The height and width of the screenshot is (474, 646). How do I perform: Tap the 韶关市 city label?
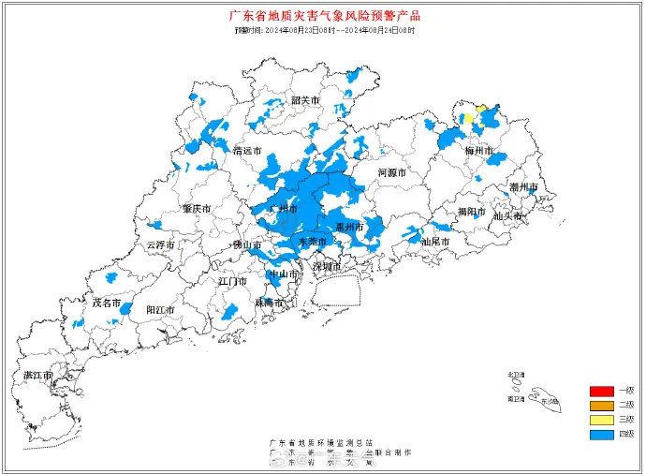(304, 100)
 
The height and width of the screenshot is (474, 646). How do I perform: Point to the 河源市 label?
(391, 173)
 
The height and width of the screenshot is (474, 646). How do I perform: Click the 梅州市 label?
(479, 150)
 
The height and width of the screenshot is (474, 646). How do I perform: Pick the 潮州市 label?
(524, 187)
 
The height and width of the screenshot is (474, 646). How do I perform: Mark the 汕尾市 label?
(435, 242)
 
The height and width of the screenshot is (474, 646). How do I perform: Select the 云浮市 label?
(160, 244)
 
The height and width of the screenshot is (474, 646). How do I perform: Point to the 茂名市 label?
(106, 303)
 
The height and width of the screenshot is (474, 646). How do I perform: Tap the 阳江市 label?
(161, 309)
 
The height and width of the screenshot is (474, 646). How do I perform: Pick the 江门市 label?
(231, 281)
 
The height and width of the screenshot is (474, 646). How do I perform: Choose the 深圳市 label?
(328, 266)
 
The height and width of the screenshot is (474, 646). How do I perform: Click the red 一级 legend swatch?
(600, 390)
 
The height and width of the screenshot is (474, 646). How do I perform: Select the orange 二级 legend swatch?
(600, 405)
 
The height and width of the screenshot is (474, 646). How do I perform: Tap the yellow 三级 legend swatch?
(600, 420)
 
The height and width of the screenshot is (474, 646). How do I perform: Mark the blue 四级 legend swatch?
(600, 435)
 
